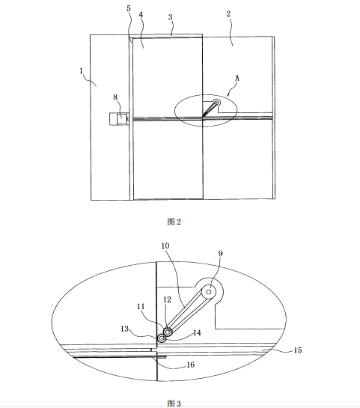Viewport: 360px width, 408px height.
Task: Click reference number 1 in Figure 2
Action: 81,71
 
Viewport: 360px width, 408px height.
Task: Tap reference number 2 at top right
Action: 228,13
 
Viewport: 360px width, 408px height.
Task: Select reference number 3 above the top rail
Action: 170,17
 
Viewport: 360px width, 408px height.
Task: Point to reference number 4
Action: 141,14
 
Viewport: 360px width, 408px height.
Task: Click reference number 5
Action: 129,8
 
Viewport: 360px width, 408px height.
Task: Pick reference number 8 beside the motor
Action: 115,97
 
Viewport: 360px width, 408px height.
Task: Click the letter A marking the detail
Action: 237,78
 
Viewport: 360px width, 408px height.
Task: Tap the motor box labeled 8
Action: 118,119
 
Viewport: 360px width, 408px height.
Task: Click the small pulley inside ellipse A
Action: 216,103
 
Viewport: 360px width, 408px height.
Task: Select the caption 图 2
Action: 174,222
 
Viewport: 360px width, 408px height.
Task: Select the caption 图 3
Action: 174,404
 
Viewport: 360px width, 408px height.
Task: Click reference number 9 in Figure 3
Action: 220,254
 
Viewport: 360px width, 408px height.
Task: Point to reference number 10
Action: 165,246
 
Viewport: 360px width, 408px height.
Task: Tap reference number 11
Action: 141,306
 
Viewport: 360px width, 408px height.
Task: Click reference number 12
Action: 167,299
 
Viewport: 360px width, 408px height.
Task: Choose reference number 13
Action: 124,329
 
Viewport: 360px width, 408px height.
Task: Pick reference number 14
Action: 197,333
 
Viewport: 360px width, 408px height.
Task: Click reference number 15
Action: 298,350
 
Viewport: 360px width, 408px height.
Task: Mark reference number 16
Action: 190,365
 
